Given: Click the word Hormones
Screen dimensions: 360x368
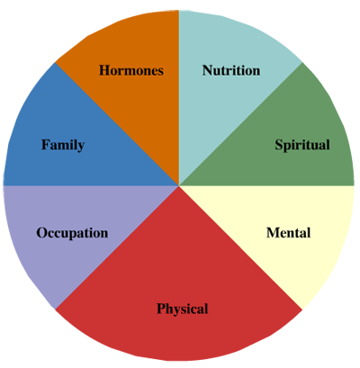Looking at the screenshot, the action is pyautogui.click(x=131, y=70).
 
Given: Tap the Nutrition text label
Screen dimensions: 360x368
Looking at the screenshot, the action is pyautogui.click(x=231, y=70).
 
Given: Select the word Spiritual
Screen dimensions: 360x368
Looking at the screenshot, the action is pyautogui.click(x=302, y=145).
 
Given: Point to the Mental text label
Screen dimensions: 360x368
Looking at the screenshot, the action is pyautogui.click(x=288, y=233).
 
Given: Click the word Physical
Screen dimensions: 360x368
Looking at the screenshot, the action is pyautogui.click(x=182, y=310).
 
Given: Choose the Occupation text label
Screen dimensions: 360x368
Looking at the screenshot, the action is pyautogui.click(x=72, y=233).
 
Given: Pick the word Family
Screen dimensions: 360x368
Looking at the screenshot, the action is pyautogui.click(x=63, y=145).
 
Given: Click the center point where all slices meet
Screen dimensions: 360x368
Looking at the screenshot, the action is pyautogui.click(x=179, y=186).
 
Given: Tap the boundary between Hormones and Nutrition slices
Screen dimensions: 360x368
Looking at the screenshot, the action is pyautogui.click(x=179, y=98).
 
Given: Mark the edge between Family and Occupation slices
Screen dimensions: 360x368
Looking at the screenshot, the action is pyautogui.click(x=91, y=186).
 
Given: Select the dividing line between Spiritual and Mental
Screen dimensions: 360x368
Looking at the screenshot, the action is pyautogui.click(x=267, y=186).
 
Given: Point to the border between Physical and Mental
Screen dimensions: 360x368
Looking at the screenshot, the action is pyautogui.click(x=241, y=247).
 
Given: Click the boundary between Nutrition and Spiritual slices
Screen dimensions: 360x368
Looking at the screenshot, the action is pyautogui.click(x=241, y=124).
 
